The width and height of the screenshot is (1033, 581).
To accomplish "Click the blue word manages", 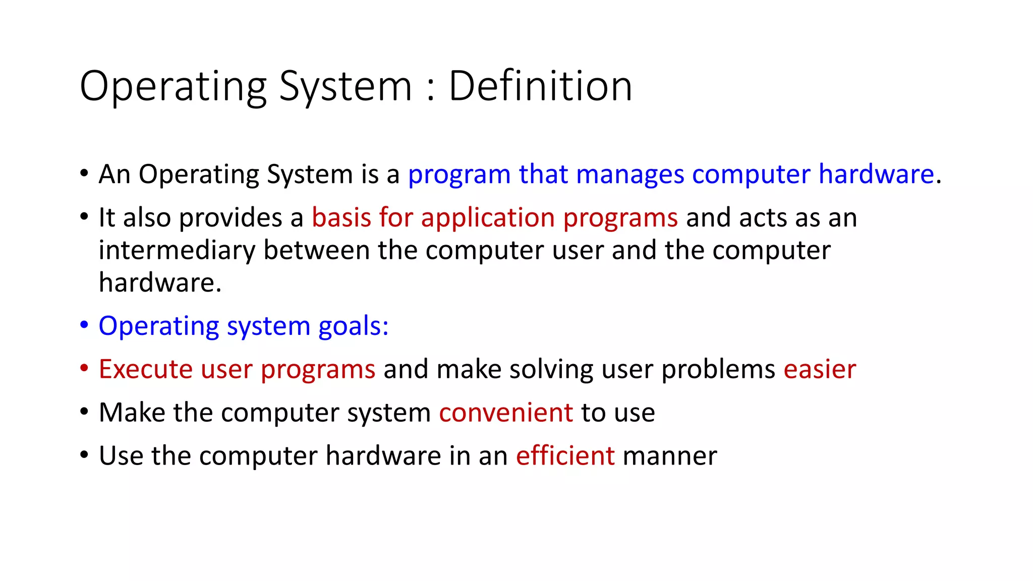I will tap(630, 175).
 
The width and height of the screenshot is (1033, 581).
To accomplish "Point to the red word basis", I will tap(341, 218).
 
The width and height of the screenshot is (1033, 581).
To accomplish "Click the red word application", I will tap(488, 219).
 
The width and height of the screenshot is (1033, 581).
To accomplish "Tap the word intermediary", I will tap(177, 251).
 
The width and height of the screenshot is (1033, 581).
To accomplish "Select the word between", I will tap(316, 251).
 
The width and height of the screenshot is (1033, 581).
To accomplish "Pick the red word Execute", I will tap(145, 369).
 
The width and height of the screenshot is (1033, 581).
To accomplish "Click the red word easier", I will tap(820, 369).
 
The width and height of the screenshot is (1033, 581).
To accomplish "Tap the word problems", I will tap(718, 370).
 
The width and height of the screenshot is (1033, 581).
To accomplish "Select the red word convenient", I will tap(506, 413).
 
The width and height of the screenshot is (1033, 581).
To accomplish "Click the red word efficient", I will tap(565, 456).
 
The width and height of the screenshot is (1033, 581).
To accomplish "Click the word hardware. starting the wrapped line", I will tap(160, 283).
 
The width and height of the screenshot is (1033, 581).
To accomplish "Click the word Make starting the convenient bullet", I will tap(132, 413).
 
